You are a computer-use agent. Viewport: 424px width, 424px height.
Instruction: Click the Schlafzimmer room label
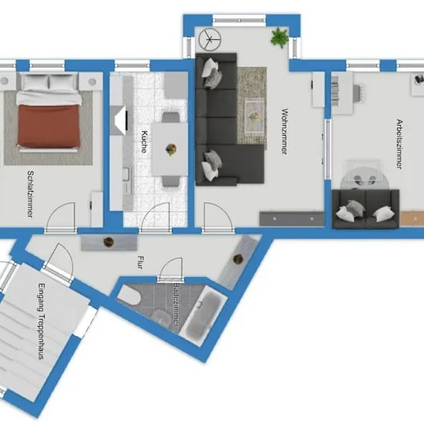(x=31, y=193)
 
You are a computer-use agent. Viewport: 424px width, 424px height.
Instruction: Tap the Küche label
(x=145, y=142)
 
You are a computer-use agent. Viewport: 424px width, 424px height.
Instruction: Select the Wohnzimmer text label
(x=284, y=131)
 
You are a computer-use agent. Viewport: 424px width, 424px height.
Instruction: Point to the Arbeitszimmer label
(x=399, y=144)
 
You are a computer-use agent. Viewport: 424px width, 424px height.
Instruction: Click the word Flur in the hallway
(x=140, y=262)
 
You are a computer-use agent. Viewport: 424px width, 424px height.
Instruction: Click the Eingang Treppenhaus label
(x=41, y=321)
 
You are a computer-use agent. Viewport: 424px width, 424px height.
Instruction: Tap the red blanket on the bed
(x=49, y=126)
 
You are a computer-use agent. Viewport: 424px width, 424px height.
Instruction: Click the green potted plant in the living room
(x=279, y=37)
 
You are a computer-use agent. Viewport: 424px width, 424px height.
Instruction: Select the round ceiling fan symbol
(x=210, y=40)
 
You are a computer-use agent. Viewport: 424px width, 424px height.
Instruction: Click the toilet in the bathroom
(x=129, y=295)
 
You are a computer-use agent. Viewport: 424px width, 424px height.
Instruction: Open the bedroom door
(x=60, y=217)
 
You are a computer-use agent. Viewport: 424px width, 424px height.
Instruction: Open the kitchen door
(x=155, y=217)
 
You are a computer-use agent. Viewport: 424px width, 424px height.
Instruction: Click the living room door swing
(x=218, y=217)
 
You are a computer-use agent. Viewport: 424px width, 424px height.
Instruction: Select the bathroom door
(x=170, y=270)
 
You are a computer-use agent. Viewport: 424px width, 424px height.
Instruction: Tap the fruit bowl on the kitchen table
(x=171, y=150)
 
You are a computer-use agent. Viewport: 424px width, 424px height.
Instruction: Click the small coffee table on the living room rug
(x=254, y=117)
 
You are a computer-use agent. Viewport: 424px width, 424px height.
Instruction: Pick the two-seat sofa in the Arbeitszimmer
(x=365, y=208)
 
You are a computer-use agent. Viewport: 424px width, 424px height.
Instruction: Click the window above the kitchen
(x=133, y=66)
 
